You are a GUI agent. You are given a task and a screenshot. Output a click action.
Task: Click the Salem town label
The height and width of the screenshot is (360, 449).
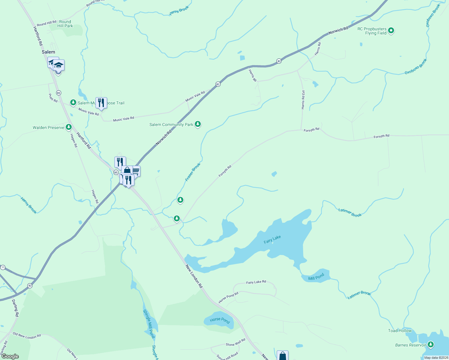tap(48, 52)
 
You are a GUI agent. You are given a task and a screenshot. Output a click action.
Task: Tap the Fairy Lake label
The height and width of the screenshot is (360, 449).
tap(272, 239)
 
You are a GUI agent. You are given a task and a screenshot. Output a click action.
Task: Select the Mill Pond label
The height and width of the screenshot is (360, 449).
tap(316, 277)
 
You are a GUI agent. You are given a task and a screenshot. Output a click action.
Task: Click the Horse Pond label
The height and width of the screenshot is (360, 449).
tap(220, 320)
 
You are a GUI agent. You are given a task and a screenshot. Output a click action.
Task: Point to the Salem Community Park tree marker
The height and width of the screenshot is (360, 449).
tap(197, 124)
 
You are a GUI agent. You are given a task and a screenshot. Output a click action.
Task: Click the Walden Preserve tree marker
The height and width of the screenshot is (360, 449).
tap(69, 127)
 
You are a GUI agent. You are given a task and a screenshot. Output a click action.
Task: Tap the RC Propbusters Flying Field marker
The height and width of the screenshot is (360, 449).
tap(391, 30)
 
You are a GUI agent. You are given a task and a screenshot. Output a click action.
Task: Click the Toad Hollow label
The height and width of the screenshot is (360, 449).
tap(400, 331)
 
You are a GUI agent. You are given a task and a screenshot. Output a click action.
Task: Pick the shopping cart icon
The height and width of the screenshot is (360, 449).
tap(136, 171)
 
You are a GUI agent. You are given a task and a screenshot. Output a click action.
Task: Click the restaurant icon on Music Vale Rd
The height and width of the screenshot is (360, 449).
tap(101, 103)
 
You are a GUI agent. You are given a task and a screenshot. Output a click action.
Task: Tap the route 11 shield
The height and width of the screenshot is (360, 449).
tap(3, 267)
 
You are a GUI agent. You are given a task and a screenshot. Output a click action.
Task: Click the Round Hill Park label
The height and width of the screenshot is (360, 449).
tap(65, 24)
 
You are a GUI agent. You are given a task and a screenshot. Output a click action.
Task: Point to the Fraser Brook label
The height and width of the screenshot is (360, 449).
tap(193, 172)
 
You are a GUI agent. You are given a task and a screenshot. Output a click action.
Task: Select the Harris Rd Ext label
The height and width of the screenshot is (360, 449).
tap(303, 100)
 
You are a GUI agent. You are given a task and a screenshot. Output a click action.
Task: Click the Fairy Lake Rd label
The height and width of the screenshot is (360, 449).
tap(256, 282)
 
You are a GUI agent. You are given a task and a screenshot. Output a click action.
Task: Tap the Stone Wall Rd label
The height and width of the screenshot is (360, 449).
tap(236, 342)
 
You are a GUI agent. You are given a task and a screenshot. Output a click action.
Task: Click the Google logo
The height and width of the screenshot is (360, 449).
tap(10, 356)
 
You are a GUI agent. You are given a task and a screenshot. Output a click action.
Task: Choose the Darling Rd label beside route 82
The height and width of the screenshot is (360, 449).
tap(15, 308)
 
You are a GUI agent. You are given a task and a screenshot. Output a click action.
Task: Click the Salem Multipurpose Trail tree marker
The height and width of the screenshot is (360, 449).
tap(73, 103)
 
